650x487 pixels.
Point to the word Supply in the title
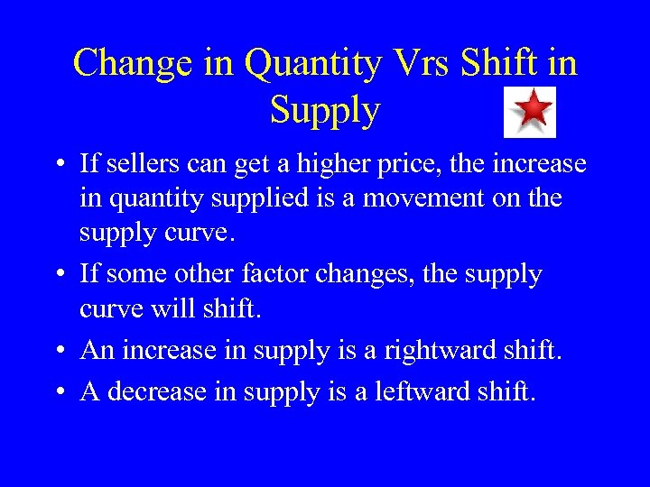coord(325,110)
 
